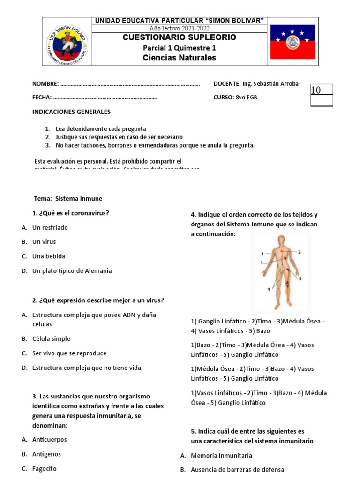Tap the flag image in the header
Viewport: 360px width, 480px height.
coord(292,42)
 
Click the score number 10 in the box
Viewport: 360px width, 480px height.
coord(316,90)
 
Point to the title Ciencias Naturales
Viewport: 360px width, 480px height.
coord(180,58)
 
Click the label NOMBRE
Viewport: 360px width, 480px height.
coord(45,84)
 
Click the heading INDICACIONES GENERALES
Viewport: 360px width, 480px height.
coord(71,112)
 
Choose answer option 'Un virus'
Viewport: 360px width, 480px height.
coord(44,242)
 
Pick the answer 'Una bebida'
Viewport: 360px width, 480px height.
coord(49,256)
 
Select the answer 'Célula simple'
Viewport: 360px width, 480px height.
coord(51,338)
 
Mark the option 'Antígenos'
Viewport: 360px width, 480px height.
coord(47,454)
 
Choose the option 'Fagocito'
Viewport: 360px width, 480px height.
coord(45,468)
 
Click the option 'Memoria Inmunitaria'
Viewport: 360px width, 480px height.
coord(222,455)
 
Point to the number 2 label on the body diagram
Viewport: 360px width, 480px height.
coord(299,252)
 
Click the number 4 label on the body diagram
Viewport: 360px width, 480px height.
coord(269,289)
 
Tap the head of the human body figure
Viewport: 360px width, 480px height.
coord(280,240)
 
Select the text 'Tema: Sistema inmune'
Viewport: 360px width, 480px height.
coord(68,198)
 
